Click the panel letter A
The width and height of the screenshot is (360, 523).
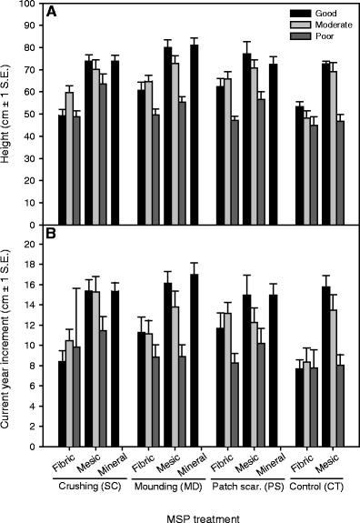(55, 14)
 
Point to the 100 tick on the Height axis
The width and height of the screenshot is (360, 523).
(31, 5)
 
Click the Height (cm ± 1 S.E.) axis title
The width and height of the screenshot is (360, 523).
(10, 114)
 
